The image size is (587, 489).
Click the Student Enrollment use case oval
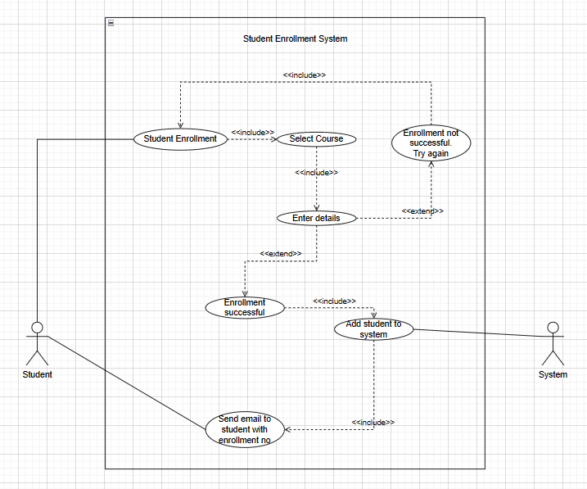pos(180,138)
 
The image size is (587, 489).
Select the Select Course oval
pos(316,139)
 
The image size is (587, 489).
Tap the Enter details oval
pos(316,218)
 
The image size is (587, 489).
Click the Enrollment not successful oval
pos(431,143)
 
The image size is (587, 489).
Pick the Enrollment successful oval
pos(245,307)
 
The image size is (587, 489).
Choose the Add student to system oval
pos(373,329)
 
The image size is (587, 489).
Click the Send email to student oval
pos(244,429)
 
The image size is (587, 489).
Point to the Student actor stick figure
pos(37,343)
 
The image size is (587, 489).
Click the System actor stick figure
pos(553,343)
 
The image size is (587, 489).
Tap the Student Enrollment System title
pos(295,38)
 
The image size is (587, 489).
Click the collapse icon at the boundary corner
pos(111,23)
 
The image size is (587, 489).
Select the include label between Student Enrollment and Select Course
pos(252,132)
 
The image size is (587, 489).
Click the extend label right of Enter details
pos(422,211)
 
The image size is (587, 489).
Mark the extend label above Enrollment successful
pos(280,254)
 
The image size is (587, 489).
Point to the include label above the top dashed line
pos(305,75)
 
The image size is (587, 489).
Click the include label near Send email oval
pos(373,422)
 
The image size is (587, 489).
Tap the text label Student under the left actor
pos(37,374)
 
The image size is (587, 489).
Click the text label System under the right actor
pos(553,374)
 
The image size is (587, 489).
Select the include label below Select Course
pos(316,173)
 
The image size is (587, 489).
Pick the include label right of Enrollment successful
pos(334,301)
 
